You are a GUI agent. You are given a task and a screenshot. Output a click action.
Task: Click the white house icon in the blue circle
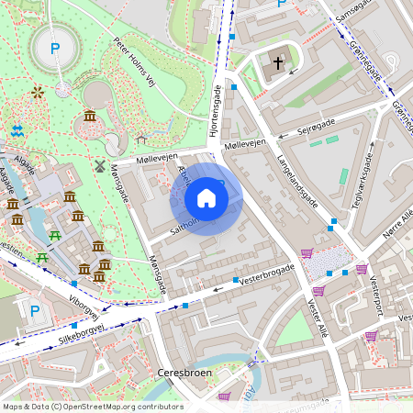pyautogui.click(x=206, y=198)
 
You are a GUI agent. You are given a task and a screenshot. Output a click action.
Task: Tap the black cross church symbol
pyautogui.click(x=279, y=63)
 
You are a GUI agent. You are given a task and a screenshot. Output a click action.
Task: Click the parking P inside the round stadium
pyautogui.click(x=54, y=49)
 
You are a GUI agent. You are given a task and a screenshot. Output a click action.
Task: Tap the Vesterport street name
pyautogui.click(x=375, y=294)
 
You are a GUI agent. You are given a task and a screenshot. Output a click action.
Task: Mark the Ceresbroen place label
pyautogui.click(x=184, y=373)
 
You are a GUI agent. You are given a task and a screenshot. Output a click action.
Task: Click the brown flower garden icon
pyautogui.click(x=37, y=92)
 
